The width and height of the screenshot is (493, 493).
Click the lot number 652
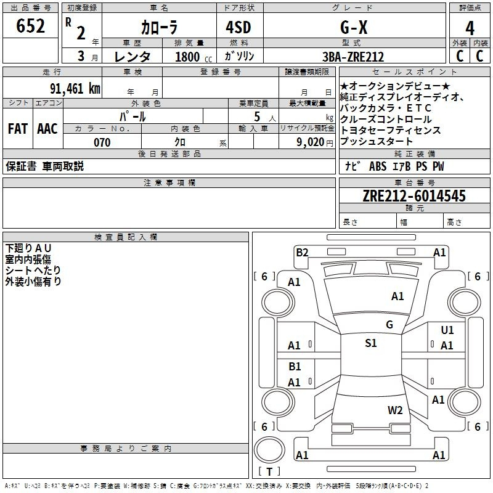[x=30, y=26]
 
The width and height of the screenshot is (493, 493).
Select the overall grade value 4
[x=470, y=28]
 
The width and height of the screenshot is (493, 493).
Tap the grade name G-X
[x=354, y=27]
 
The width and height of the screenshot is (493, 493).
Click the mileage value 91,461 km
[x=75, y=88]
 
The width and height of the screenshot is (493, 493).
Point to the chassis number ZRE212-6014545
[x=414, y=195]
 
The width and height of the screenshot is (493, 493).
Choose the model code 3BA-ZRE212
[x=353, y=57]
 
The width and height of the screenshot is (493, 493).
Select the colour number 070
[x=102, y=142]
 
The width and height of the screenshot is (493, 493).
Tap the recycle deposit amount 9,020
[x=311, y=142]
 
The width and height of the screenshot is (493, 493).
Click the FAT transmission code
[x=18, y=129]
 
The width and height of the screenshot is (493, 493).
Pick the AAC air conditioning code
[x=47, y=129]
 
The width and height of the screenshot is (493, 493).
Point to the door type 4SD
[x=238, y=27]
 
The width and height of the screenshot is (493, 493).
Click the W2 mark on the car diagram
[x=395, y=410]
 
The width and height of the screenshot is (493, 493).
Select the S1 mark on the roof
[x=371, y=343]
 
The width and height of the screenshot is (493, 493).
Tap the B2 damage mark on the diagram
[x=302, y=253]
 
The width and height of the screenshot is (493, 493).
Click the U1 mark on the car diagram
[x=447, y=330]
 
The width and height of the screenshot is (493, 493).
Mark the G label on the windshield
[x=389, y=324]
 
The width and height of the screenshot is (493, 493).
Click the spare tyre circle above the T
[x=269, y=450]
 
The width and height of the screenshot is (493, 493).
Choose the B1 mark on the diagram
[x=295, y=366]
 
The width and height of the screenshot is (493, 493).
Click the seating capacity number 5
[x=257, y=116]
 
